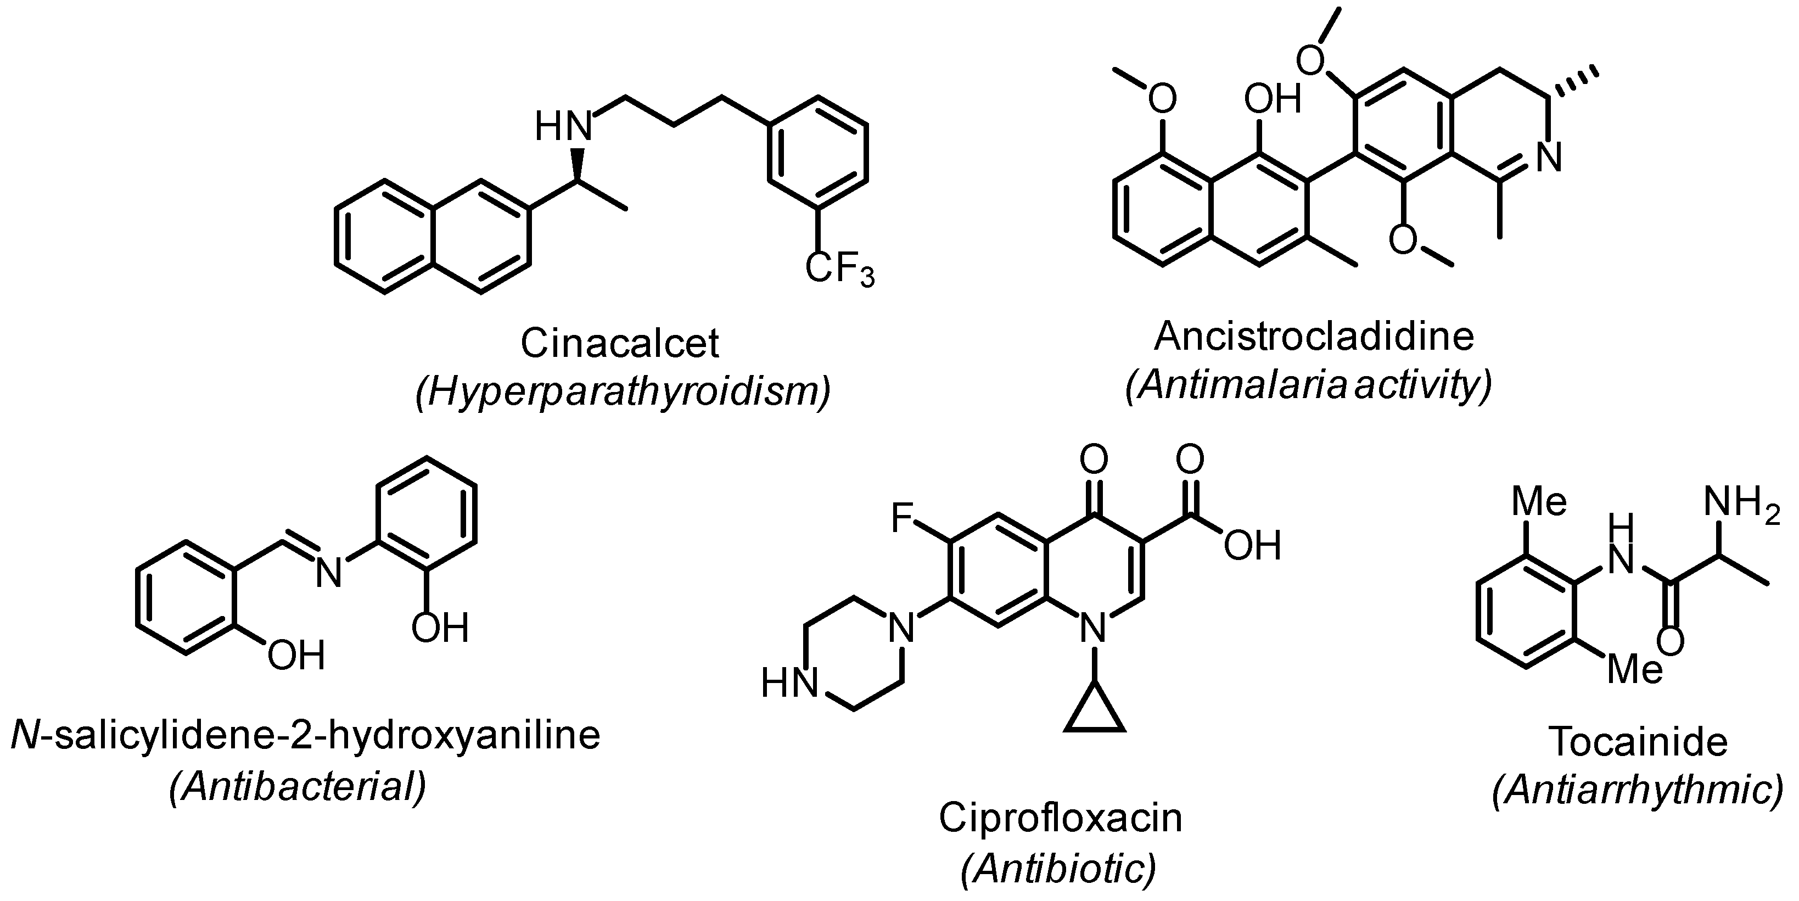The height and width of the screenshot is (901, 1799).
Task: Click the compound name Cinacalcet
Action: (x=619, y=343)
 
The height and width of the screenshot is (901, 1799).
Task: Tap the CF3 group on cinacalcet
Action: (x=839, y=270)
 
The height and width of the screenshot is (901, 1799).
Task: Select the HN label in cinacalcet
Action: (x=563, y=127)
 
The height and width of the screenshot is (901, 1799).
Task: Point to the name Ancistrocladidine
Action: (x=1314, y=336)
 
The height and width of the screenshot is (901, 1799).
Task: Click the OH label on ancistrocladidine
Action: (x=1273, y=100)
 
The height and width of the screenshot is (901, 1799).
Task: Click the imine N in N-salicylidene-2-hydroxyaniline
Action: (x=328, y=573)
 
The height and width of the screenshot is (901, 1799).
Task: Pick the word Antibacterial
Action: (x=298, y=787)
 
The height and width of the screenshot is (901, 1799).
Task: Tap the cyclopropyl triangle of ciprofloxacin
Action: (x=1094, y=709)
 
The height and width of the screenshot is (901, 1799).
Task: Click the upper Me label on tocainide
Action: (x=1538, y=502)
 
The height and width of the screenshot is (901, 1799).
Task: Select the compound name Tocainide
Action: (x=1638, y=741)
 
